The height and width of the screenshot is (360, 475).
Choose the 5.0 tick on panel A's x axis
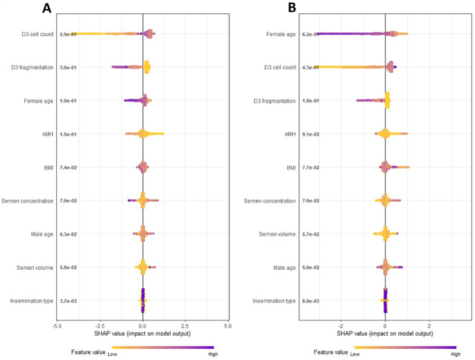coord(227,324)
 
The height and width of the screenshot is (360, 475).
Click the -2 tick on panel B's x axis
coord(340,324)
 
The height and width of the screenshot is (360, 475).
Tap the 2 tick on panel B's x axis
coord(429,324)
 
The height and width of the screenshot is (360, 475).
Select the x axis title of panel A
coord(142,334)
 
